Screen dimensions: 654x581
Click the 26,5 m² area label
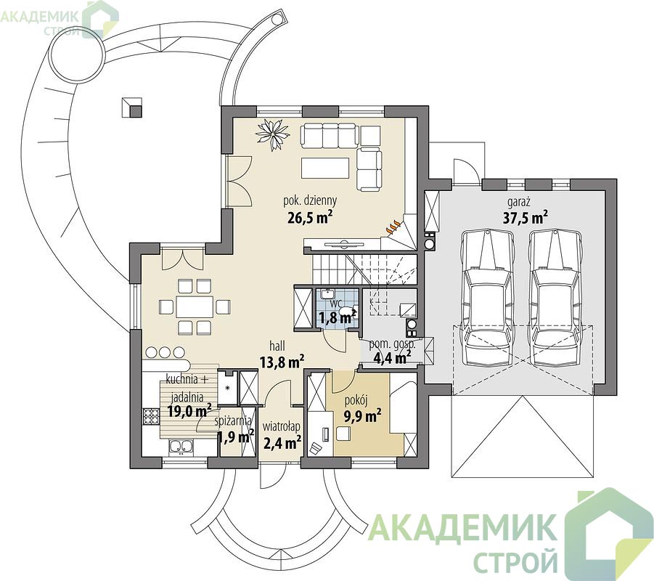[x=310, y=216]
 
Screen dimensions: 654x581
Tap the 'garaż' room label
[x=519, y=203]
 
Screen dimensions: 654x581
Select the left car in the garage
[x=487, y=298]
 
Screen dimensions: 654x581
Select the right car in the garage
[x=555, y=298]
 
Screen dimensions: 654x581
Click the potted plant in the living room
[x=273, y=134]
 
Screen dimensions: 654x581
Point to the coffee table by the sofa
[x=325, y=167]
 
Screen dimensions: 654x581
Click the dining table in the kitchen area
[x=195, y=308]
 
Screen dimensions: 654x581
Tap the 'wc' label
[x=336, y=302]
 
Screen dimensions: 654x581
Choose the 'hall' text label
[x=277, y=346]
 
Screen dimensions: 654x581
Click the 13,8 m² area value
[x=282, y=361]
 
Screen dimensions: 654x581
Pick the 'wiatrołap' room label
[x=281, y=427]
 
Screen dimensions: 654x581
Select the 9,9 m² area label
[x=362, y=416]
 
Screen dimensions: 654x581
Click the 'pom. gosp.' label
[x=392, y=345]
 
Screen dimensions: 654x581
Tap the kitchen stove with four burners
[x=151, y=416]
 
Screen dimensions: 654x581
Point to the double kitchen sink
[x=181, y=447]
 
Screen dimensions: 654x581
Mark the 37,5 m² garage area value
[x=525, y=217]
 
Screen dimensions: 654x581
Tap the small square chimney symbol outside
[x=132, y=107]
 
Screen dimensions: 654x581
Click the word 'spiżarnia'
[x=233, y=420]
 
